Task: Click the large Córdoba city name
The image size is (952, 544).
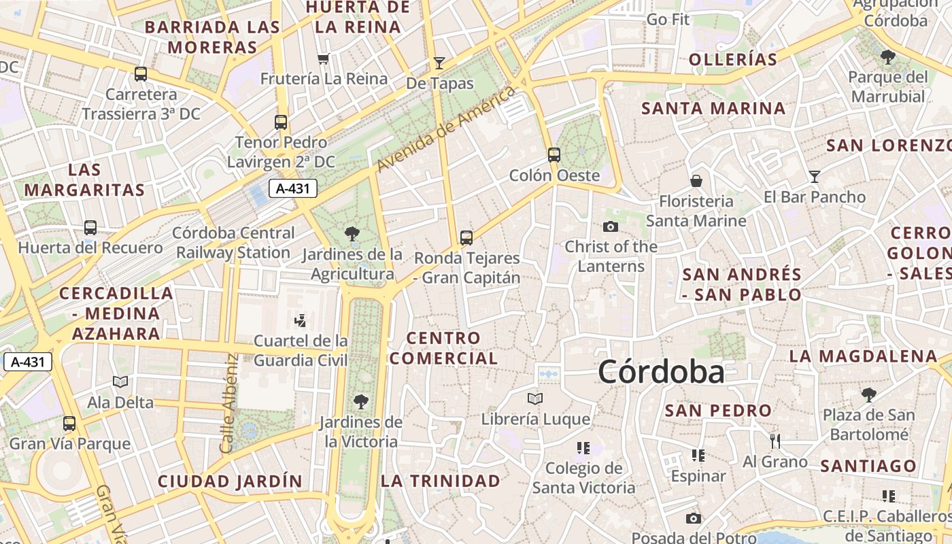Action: (x=661, y=372)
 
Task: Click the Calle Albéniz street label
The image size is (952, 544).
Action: (x=228, y=403)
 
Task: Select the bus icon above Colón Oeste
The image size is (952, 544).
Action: (x=554, y=154)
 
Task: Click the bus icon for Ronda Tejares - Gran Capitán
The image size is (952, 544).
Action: (x=466, y=237)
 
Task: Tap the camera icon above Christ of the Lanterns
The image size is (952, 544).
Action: (x=611, y=226)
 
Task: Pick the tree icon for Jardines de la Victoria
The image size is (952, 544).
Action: (x=361, y=402)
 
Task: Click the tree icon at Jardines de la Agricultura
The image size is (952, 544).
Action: (x=352, y=235)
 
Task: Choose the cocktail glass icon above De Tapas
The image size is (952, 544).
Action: (x=439, y=63)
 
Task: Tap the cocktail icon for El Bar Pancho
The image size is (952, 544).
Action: (x=815, y=177)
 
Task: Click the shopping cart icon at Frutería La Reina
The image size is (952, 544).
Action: (x=324, y=58)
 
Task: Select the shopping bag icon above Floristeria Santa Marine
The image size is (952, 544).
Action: (x=696, y=181)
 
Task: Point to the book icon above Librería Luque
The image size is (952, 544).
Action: (x=535, y=398)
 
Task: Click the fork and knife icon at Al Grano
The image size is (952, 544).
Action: (x=775, y=441)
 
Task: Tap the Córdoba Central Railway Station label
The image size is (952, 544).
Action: (x=233, y=243)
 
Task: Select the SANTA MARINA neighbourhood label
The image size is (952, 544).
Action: (x=713, y=108)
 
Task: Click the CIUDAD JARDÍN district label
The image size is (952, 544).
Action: (x=230, y=481)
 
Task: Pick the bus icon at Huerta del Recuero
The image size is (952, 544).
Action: (x=90, y=228)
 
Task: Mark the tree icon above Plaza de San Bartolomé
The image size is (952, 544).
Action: (x=868, y=394)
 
